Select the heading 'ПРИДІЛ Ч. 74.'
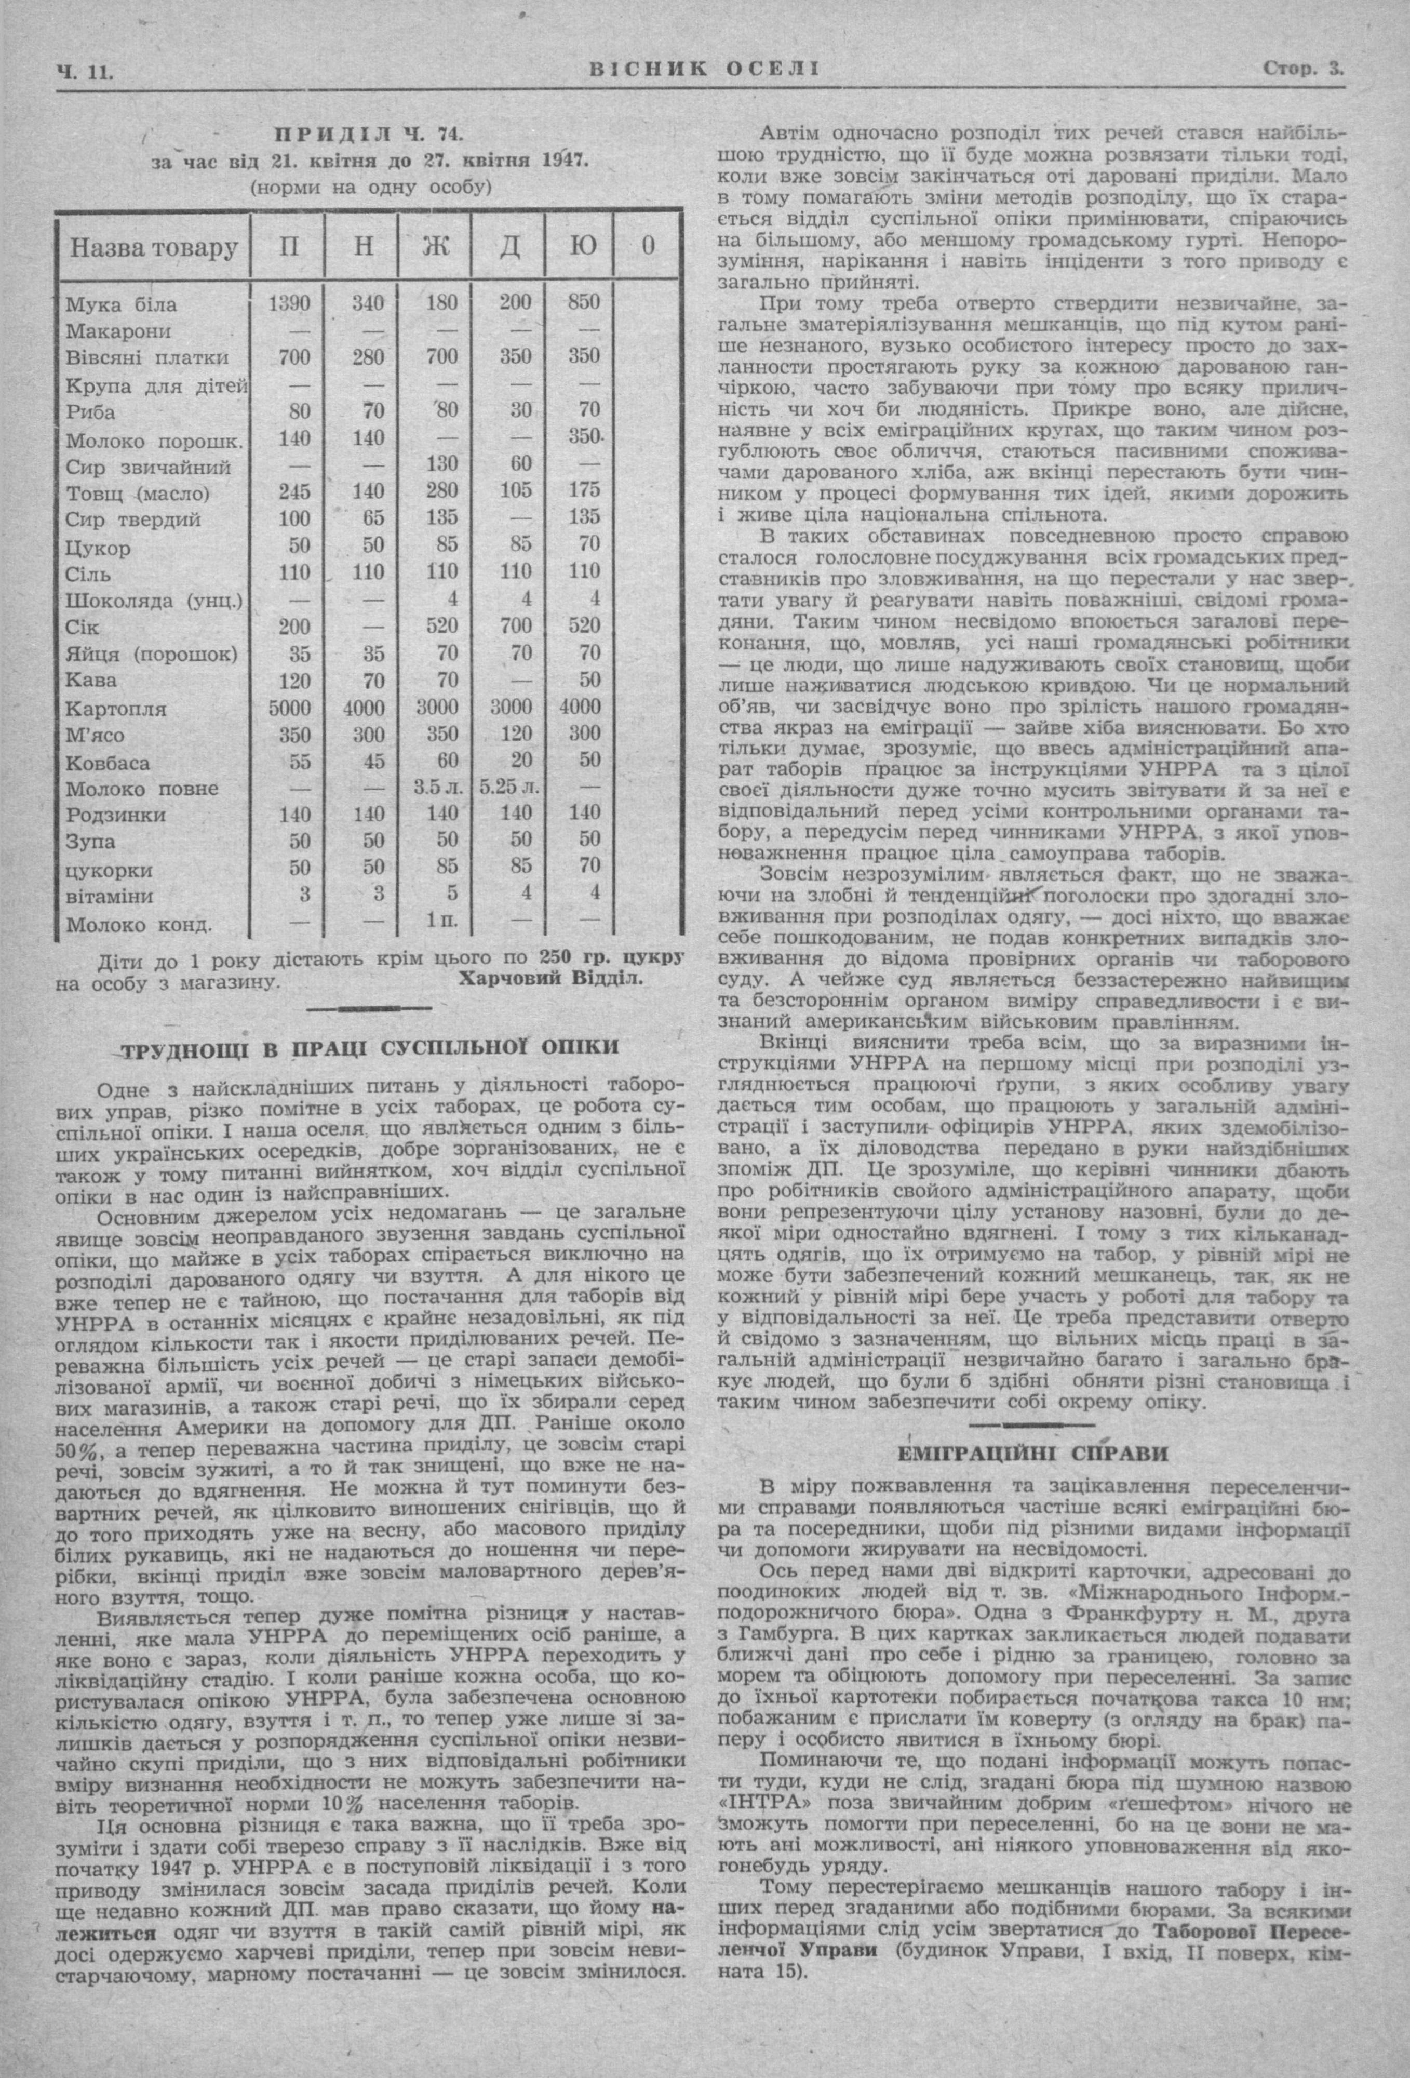(368, 135)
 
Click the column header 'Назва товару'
(154, 247)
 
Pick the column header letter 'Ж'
(435, 247)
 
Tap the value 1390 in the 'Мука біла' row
(290, 302)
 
